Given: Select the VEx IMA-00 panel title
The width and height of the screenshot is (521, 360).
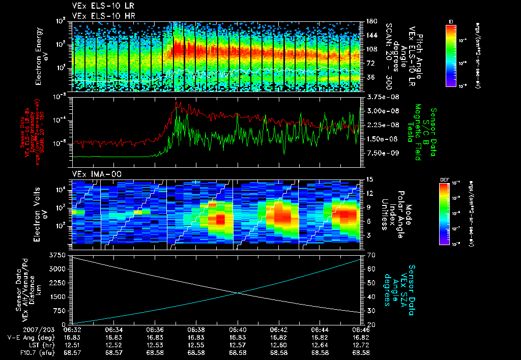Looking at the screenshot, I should click(92, 174).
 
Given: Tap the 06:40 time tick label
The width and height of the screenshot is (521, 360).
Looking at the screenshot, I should click(237, 329).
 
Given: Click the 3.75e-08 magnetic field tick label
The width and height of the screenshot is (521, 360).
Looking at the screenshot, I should click(382, 97).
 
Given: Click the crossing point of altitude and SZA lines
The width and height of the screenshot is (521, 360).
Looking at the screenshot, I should click(238, 292).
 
